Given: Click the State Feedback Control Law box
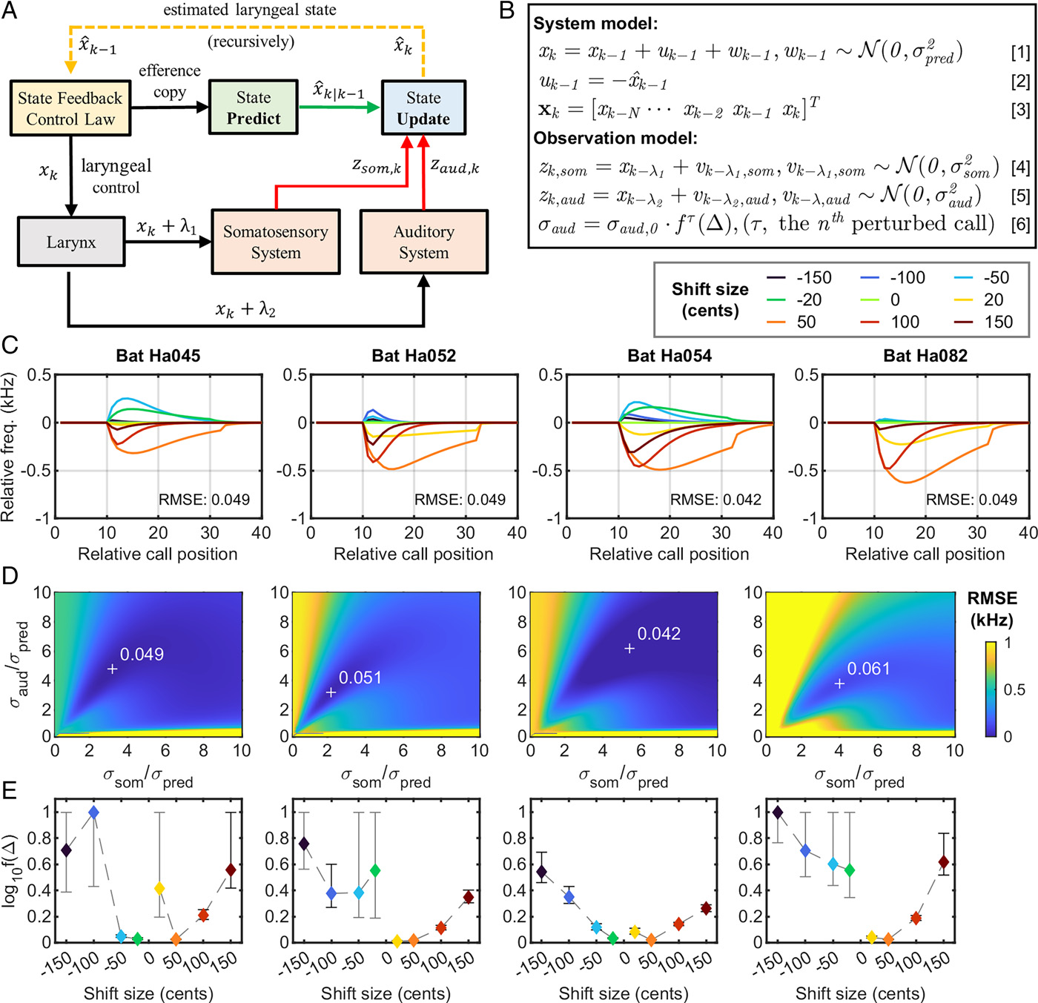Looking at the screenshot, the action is pyautogui.click(x=70, y=108).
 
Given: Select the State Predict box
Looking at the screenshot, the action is pyautogui.click(x=253, y=107).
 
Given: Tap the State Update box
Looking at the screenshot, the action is pyautogui.click(x=423, y=107).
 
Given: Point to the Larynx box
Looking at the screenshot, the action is pyautogui.click(x=71, y=241).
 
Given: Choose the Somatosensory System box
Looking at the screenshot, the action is pyautogui.click(x=275, y=242).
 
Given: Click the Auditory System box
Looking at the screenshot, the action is pyautogui.click(x=423, y=242).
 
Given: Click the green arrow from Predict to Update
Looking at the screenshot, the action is pyautogui.click(x=339, y=107).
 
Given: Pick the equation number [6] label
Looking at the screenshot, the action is pyautogui.click(x=1019, y=224).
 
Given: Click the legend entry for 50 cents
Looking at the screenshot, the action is pyautogui.click(x=791, y=322).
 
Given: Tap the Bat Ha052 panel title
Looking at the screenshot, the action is pyautogui.click(x=414, y=355).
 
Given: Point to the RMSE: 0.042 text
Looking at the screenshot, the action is pyautogui.click(x=715, y=499).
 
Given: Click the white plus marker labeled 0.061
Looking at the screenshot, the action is pyautogui.click(x=839, y=683).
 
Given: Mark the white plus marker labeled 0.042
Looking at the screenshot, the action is pyautogui.click(x=629, y=649).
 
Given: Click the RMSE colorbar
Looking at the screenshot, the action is pyautogui.click(x=991, y=689).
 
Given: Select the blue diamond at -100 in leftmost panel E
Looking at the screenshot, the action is pyautogui.click(x=94, y=812).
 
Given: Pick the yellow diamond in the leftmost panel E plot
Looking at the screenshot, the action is pyautogui.click(x=159, y=888).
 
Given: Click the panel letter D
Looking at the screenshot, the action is pyautogui.click(x=10, y=576).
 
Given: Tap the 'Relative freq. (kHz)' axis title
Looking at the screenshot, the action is pyautogui.click(x=7, y=447).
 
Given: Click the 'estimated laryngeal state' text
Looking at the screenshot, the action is pyautogui.click(x=250, y=10).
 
